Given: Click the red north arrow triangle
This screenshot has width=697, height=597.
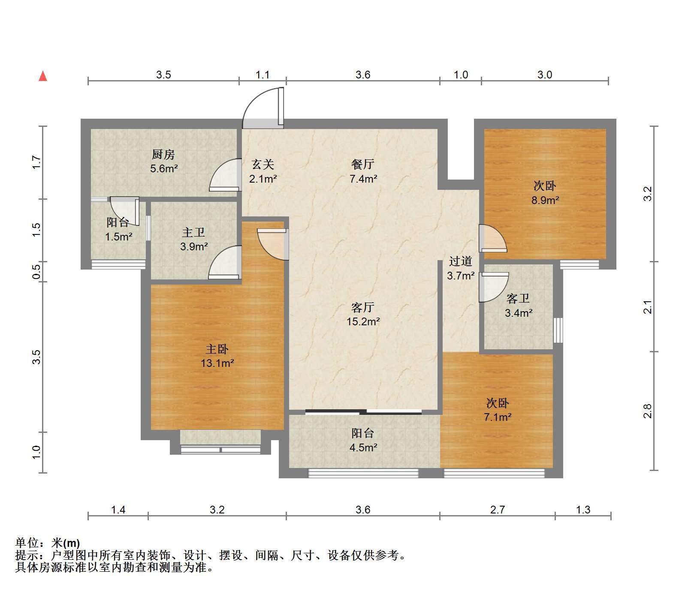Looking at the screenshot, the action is [43, 76].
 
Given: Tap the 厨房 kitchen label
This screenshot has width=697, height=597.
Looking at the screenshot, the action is [163, 154].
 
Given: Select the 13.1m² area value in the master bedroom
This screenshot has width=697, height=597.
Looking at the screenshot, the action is [217, 363].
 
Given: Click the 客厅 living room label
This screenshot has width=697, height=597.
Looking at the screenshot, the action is [363, 307].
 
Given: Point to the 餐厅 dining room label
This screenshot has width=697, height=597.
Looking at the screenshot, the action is [363, 164].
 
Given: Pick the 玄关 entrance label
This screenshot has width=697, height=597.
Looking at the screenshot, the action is [263, 164].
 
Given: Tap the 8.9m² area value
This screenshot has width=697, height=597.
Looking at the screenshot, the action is [545, 200].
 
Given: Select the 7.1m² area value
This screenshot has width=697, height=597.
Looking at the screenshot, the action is [498, 417].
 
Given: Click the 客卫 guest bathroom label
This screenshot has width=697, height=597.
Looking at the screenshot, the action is [518, 298].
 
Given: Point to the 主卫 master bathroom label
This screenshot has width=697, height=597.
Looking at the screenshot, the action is [193, 232].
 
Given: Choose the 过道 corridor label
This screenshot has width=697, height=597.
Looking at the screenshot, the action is [461, 261].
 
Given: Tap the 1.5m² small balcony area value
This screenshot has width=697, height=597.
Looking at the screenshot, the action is [119, 237].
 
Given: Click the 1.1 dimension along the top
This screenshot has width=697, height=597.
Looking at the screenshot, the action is [263, 75].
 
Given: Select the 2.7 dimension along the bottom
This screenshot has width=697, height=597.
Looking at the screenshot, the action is [498, 510].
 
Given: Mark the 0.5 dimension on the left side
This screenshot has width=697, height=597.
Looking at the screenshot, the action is [36, 272].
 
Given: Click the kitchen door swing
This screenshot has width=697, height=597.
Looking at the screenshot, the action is [224, 175].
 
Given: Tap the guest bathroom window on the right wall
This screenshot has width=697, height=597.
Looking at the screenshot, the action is [558, 330].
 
